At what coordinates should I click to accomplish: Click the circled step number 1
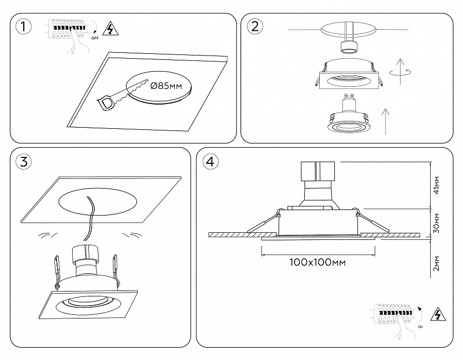(x=23, y=26)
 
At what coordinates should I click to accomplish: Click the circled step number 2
(x=255, y=26)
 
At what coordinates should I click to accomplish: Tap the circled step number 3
(x=23, y=161)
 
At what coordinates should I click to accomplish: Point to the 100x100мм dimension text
(x=317, y=262)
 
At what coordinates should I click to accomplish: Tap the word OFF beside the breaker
(x=95, y=38)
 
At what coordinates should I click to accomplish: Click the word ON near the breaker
(x=420, y=327)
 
